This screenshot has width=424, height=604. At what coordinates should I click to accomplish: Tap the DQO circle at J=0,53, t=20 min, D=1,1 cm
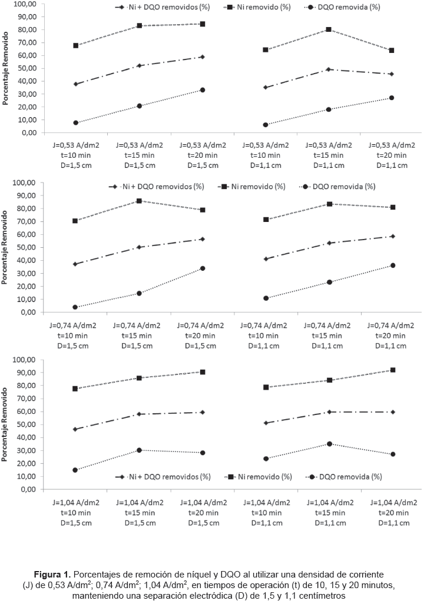(392, 98)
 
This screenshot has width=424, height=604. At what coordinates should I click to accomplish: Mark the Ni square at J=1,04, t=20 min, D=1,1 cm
(392, 370)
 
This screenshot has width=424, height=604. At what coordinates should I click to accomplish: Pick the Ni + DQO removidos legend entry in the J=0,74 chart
(158, 187)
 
